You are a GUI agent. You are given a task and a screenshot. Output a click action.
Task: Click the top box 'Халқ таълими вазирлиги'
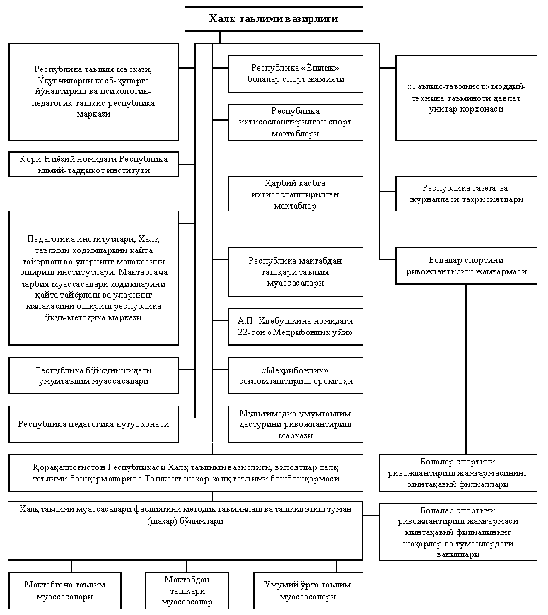coord(274,19)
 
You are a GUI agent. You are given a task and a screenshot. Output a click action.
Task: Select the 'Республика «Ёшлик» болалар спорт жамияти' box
coord(296,74)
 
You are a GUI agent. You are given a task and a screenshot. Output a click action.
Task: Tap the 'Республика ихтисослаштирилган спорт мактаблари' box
coord(296,122)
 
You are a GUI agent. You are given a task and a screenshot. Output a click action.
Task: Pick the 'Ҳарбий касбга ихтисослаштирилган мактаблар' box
coord(296,194)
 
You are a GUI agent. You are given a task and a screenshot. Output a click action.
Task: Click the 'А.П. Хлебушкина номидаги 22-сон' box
coord(296,327)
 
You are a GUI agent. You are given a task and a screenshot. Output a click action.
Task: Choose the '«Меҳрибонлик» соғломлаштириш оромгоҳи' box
coord(296,375)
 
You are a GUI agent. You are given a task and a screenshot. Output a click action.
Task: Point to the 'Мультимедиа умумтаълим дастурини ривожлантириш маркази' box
coord(296,424)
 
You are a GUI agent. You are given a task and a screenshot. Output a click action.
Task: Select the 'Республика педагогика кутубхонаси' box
coord(94,424)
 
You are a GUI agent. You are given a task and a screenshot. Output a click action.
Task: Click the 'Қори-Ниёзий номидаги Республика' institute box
coord(94,164)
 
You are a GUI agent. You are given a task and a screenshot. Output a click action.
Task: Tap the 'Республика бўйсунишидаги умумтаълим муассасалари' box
coord(94,375)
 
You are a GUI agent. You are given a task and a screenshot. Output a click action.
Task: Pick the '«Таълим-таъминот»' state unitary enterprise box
coord(466,98)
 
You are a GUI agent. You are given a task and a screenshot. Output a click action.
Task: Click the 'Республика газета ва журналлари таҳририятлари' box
coord(466,194)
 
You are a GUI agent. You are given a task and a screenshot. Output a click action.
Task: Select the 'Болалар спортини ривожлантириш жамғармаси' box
coord(466,266)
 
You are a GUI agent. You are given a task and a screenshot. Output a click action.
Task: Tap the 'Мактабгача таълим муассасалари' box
coord(65,591)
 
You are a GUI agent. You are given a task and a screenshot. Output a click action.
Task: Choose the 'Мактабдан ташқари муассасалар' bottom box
coord(187,591)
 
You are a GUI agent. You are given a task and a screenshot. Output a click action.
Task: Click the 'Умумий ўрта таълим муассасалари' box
coord(308,591)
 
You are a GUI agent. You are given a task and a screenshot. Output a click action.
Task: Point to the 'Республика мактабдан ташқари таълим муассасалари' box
coord(296,272)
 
